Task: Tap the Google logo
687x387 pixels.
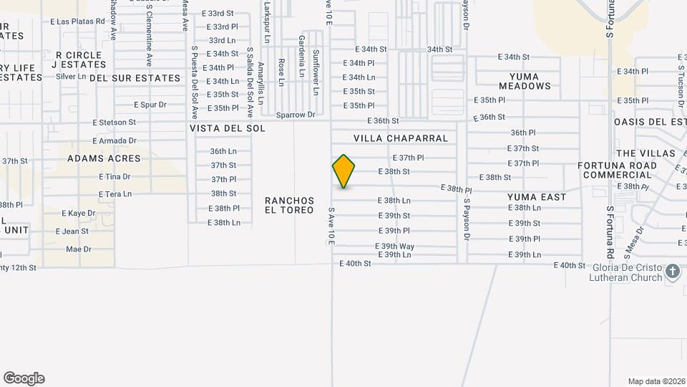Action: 24,378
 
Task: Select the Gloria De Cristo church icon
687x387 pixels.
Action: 672,272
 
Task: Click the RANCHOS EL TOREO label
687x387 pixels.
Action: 289,205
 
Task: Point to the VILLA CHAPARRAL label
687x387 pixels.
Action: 401,138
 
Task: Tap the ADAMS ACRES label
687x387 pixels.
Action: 104,158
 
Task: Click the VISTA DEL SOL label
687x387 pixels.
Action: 228,128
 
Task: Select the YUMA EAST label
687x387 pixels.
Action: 537,197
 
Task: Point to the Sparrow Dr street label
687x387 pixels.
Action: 296,115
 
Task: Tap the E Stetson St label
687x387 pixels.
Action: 114,123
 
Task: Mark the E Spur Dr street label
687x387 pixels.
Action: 150,105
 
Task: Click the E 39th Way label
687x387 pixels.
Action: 394,246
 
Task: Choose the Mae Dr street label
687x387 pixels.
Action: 79,249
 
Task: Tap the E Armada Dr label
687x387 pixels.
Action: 114,140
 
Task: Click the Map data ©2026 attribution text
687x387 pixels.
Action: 656,381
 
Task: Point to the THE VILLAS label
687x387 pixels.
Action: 645,153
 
